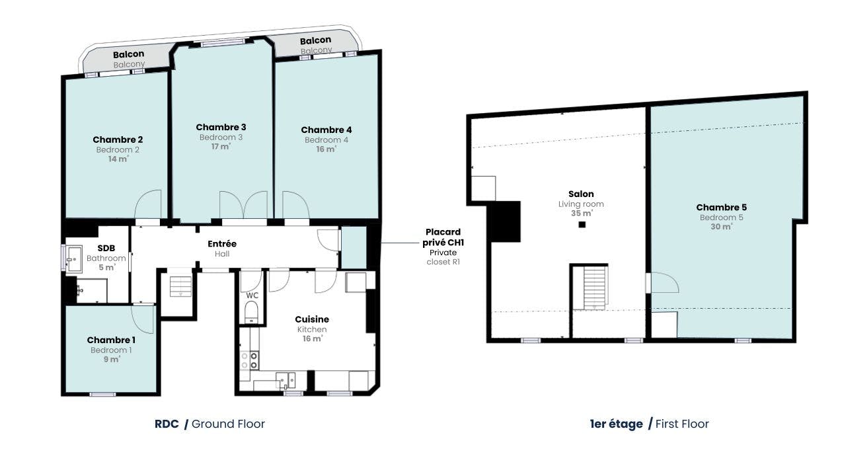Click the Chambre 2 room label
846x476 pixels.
pyautogui.click(x=118, y=139)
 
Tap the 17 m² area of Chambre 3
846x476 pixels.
pyautogui.click(x=221, y=146)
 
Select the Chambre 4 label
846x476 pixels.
pyautogui.click(x=327, y=130)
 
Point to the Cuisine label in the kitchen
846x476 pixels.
pyautogui.click(x=312, y=319)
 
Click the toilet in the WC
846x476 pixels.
pyautogui.click(x=251, y=312)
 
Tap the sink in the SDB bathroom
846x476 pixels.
pyautogui.click(x=74, y=258)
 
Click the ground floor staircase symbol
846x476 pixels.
pyautogui.click(x=180, y=286)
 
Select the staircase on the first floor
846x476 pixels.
pyautogui.click(x=596, y=288)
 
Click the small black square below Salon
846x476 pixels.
pyautogui.click(x=582, y=224)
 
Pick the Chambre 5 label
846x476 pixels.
pyautogui.click(x=721, y=208)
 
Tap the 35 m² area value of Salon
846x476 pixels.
pyautogui.click(x=582, y=214)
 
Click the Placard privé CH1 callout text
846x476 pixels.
pyautogui.click(x=443, y=237)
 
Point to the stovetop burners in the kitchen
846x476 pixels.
pyautogui.click(x=250, y=360)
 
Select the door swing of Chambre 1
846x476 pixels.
pyautogui.click(x=143, y=319)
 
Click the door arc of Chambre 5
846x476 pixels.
pyautogui.click(x=665, y=282)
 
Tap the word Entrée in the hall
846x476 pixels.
pyautogui.click(x=222, y=244)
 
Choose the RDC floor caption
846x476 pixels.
pyautogui.click(x=167, y=424)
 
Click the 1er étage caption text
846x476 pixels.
pyautogui.click(x=616, y=424)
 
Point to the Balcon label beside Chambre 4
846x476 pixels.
pyautogui.click(x=315, y=40)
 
